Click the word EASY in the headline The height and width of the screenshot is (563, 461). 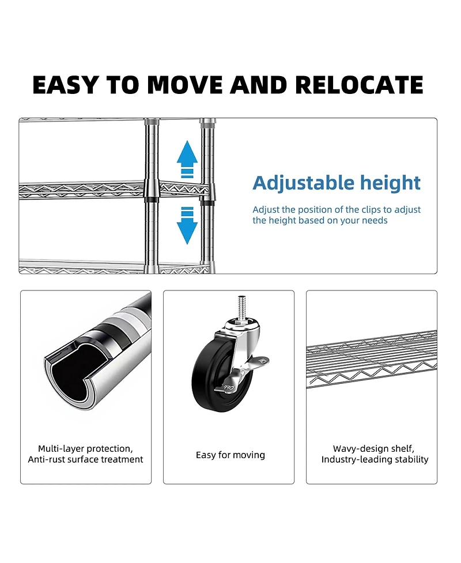coord(65,85)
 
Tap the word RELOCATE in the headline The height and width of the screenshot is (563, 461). coord(359,85)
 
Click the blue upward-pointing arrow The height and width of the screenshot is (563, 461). coord(187,156)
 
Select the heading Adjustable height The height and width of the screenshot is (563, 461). coord(337,183)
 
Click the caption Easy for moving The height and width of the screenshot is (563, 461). coord(230,455)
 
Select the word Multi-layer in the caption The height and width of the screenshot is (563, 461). coord(62,448)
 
